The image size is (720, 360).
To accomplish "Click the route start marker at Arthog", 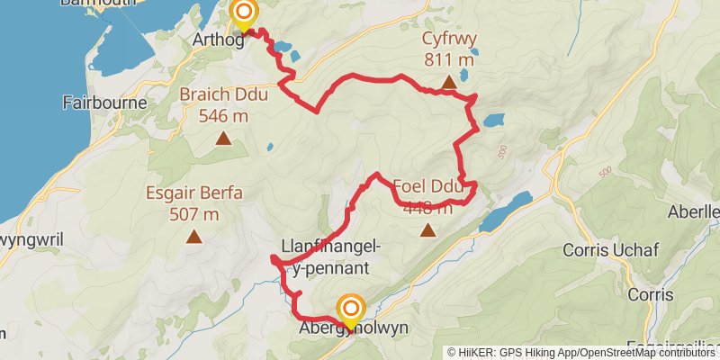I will tap(244, 13).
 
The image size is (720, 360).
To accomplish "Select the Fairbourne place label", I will tap(105, 103).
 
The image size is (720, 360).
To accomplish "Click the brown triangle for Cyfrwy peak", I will tap(448, 84).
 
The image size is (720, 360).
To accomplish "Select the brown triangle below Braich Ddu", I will tap(223, 139).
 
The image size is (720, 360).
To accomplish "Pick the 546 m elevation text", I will tap(223, 116).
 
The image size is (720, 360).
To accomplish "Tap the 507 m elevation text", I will tap(193, 214).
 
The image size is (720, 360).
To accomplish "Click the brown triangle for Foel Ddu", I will tap(428, 230).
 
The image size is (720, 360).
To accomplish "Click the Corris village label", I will tap(651, 294).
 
